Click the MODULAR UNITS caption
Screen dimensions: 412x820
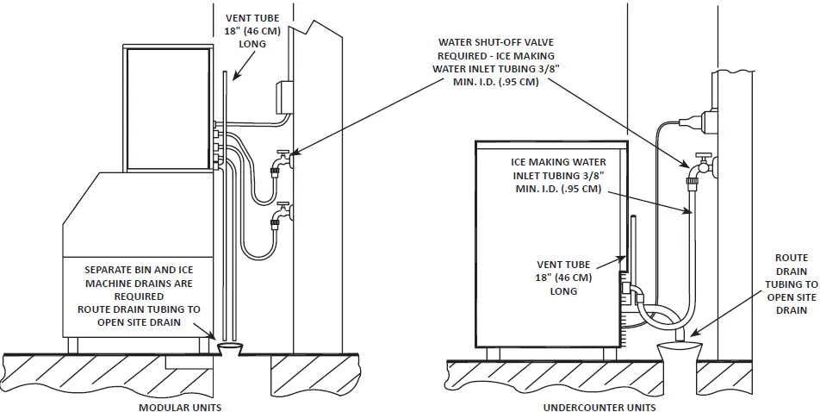tap(179, 407)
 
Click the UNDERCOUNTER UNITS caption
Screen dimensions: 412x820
tap(599, 407)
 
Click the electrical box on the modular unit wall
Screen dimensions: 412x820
tap(283, 98)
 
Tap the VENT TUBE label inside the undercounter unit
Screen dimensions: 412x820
tap(564, 278)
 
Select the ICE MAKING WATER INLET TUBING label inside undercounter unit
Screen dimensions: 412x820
tap(558, 175)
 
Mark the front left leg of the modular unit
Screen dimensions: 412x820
tap(73, 345)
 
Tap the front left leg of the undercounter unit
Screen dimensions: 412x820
tap(493, 353)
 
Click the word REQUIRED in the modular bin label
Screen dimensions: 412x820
tap(139, 296)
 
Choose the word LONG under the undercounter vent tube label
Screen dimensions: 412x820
tap(564, 291)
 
